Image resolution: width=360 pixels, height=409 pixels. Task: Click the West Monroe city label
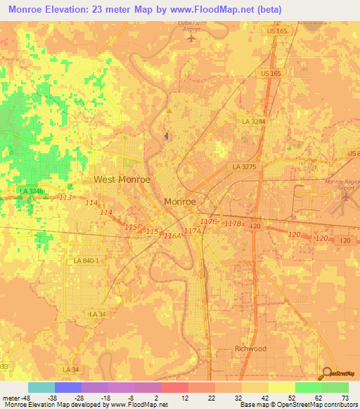[122, 179]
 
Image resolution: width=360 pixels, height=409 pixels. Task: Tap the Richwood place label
[250, 349]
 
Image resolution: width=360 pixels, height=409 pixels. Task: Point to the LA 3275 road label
[245, 167]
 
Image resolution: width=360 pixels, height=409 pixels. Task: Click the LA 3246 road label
[32, 190]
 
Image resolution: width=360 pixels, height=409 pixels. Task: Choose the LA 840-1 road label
[86, 261]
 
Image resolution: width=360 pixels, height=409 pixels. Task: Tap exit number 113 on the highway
[65, 197]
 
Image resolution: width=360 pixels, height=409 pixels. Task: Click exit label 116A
[172, 236]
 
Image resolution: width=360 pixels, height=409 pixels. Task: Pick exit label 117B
[233, 223]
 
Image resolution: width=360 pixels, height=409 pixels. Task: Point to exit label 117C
[208, 221]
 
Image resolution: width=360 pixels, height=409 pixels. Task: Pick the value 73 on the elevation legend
[345, 398]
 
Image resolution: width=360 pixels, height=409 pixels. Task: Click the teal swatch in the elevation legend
[41, 387]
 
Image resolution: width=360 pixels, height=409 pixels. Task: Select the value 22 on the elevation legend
[211, 398]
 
